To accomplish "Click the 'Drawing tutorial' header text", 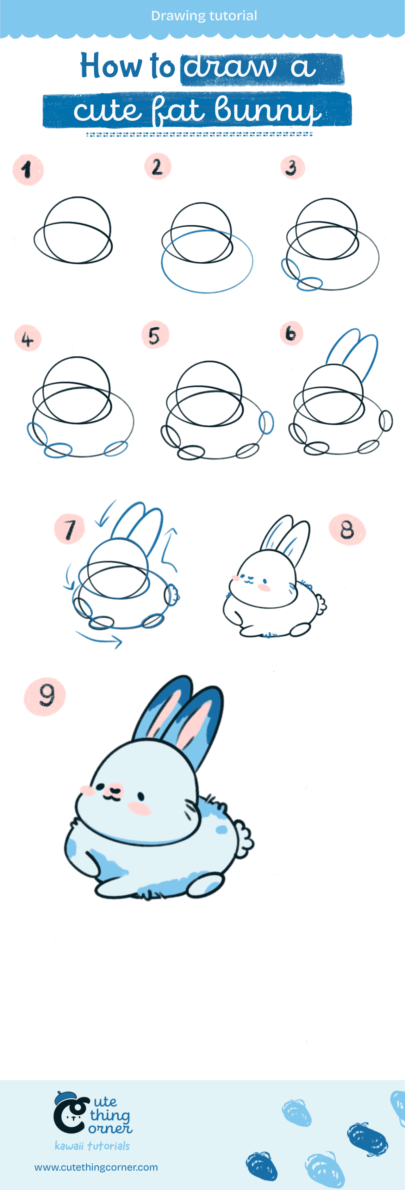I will (204, 16).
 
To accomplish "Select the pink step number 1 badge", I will (28, 170).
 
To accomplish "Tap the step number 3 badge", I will (292, 167).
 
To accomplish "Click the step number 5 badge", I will (155, 335).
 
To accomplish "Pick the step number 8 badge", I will (347, 529).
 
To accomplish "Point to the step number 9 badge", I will (45, 696).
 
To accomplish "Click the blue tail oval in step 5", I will (266, 422).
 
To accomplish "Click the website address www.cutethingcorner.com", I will (96, 1167).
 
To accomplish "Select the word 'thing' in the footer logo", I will (109, 1116).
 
